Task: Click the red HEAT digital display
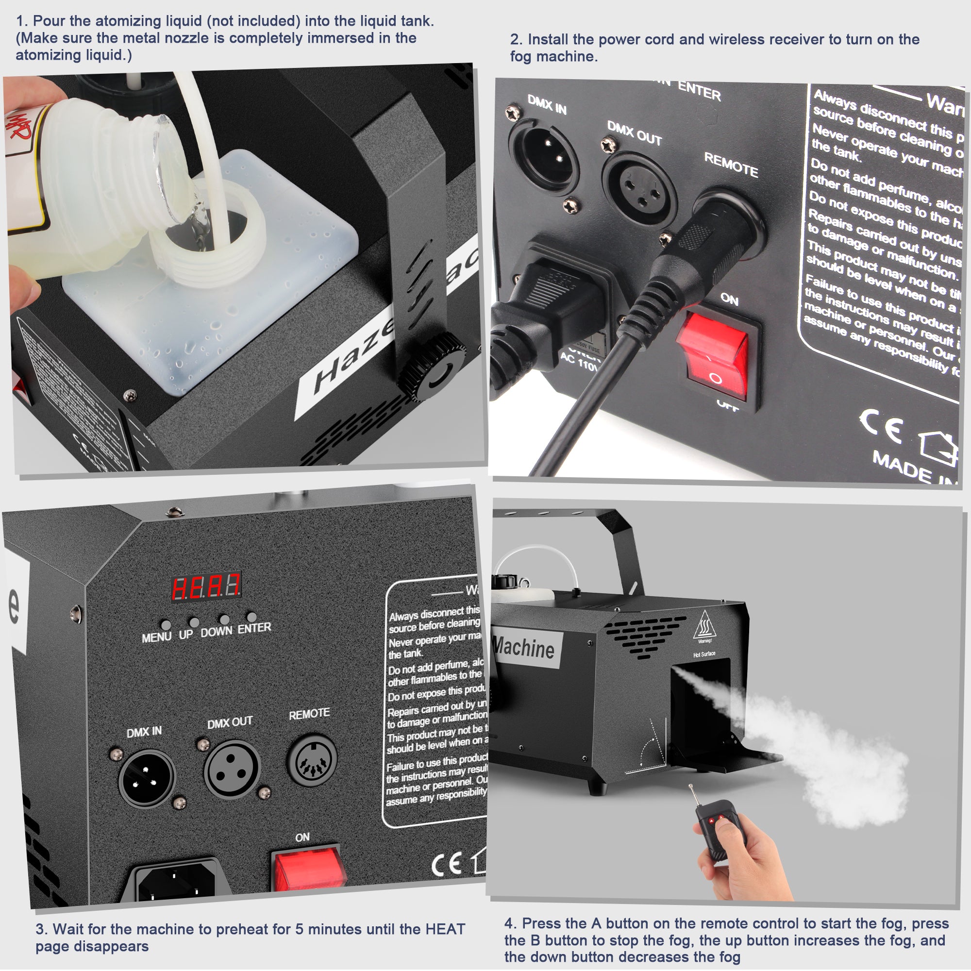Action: [206, 586]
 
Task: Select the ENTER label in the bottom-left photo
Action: [254, 628]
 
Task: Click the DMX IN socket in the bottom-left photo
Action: [146, 777]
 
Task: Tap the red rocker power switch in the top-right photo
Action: [714, 354]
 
